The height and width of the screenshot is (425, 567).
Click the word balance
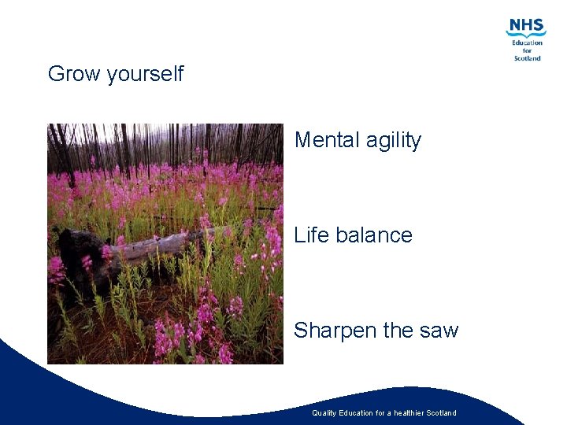(374, 235)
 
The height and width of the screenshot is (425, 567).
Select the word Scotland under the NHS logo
(527, 58)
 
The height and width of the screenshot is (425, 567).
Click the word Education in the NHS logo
(527, 42)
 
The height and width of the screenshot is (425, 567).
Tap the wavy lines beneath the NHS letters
(526, 35)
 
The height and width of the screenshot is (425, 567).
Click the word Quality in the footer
(324, 413)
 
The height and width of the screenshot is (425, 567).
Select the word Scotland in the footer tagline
(442, 413)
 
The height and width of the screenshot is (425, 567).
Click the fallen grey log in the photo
(157, 246)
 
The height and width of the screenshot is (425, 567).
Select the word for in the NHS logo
(527, 50)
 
